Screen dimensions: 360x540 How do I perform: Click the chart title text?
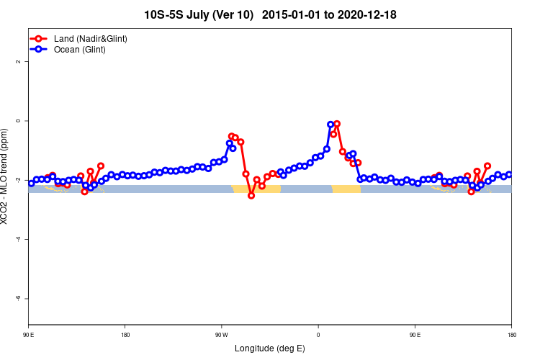coord(270,14)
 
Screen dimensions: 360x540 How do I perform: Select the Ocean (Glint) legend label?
coord(80,50)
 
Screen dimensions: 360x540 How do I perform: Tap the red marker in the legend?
coord(40,38)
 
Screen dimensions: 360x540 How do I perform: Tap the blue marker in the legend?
coord(40,50)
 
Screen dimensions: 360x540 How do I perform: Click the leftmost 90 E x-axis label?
coord(29,335)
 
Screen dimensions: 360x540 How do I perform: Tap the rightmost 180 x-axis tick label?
coord(511,335)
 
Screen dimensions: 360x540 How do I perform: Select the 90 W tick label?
coord(221,335)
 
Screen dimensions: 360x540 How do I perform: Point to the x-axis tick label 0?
coord(318,335)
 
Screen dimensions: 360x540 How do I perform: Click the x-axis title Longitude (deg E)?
coord(270,349)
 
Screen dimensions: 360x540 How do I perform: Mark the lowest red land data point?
coord(251,195)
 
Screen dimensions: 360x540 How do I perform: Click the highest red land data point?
coord(337,124)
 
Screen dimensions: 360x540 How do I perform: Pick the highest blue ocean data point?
coord(330,125)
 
